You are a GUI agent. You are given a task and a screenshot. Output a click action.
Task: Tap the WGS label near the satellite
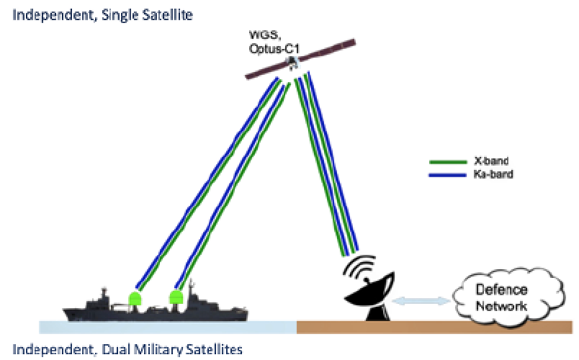pos(265,35)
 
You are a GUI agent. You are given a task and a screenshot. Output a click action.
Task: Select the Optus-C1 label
pos(274,49)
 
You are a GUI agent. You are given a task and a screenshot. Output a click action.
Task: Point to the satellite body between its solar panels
pos(293,63)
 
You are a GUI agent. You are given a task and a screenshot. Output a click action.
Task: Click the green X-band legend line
pos(448,162)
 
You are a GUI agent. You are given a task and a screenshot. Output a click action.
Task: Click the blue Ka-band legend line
pos(447,175)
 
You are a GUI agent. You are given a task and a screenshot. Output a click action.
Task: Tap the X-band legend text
pos(491,161)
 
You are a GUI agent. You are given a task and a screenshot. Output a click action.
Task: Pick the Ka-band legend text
pos(493,174)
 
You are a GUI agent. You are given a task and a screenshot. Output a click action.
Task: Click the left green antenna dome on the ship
pos(135,298)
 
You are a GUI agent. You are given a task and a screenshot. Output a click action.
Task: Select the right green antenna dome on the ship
pos(176,297)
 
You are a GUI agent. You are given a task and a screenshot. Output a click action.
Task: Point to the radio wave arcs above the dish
pos(359,266)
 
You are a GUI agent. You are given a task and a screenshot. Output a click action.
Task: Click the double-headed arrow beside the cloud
pos(421,301)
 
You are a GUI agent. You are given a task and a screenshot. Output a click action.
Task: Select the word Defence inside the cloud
pos(501,290)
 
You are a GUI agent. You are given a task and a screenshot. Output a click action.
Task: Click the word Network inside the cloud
pos(501,306)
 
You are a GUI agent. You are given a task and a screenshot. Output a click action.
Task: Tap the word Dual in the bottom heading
pos(115,349)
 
